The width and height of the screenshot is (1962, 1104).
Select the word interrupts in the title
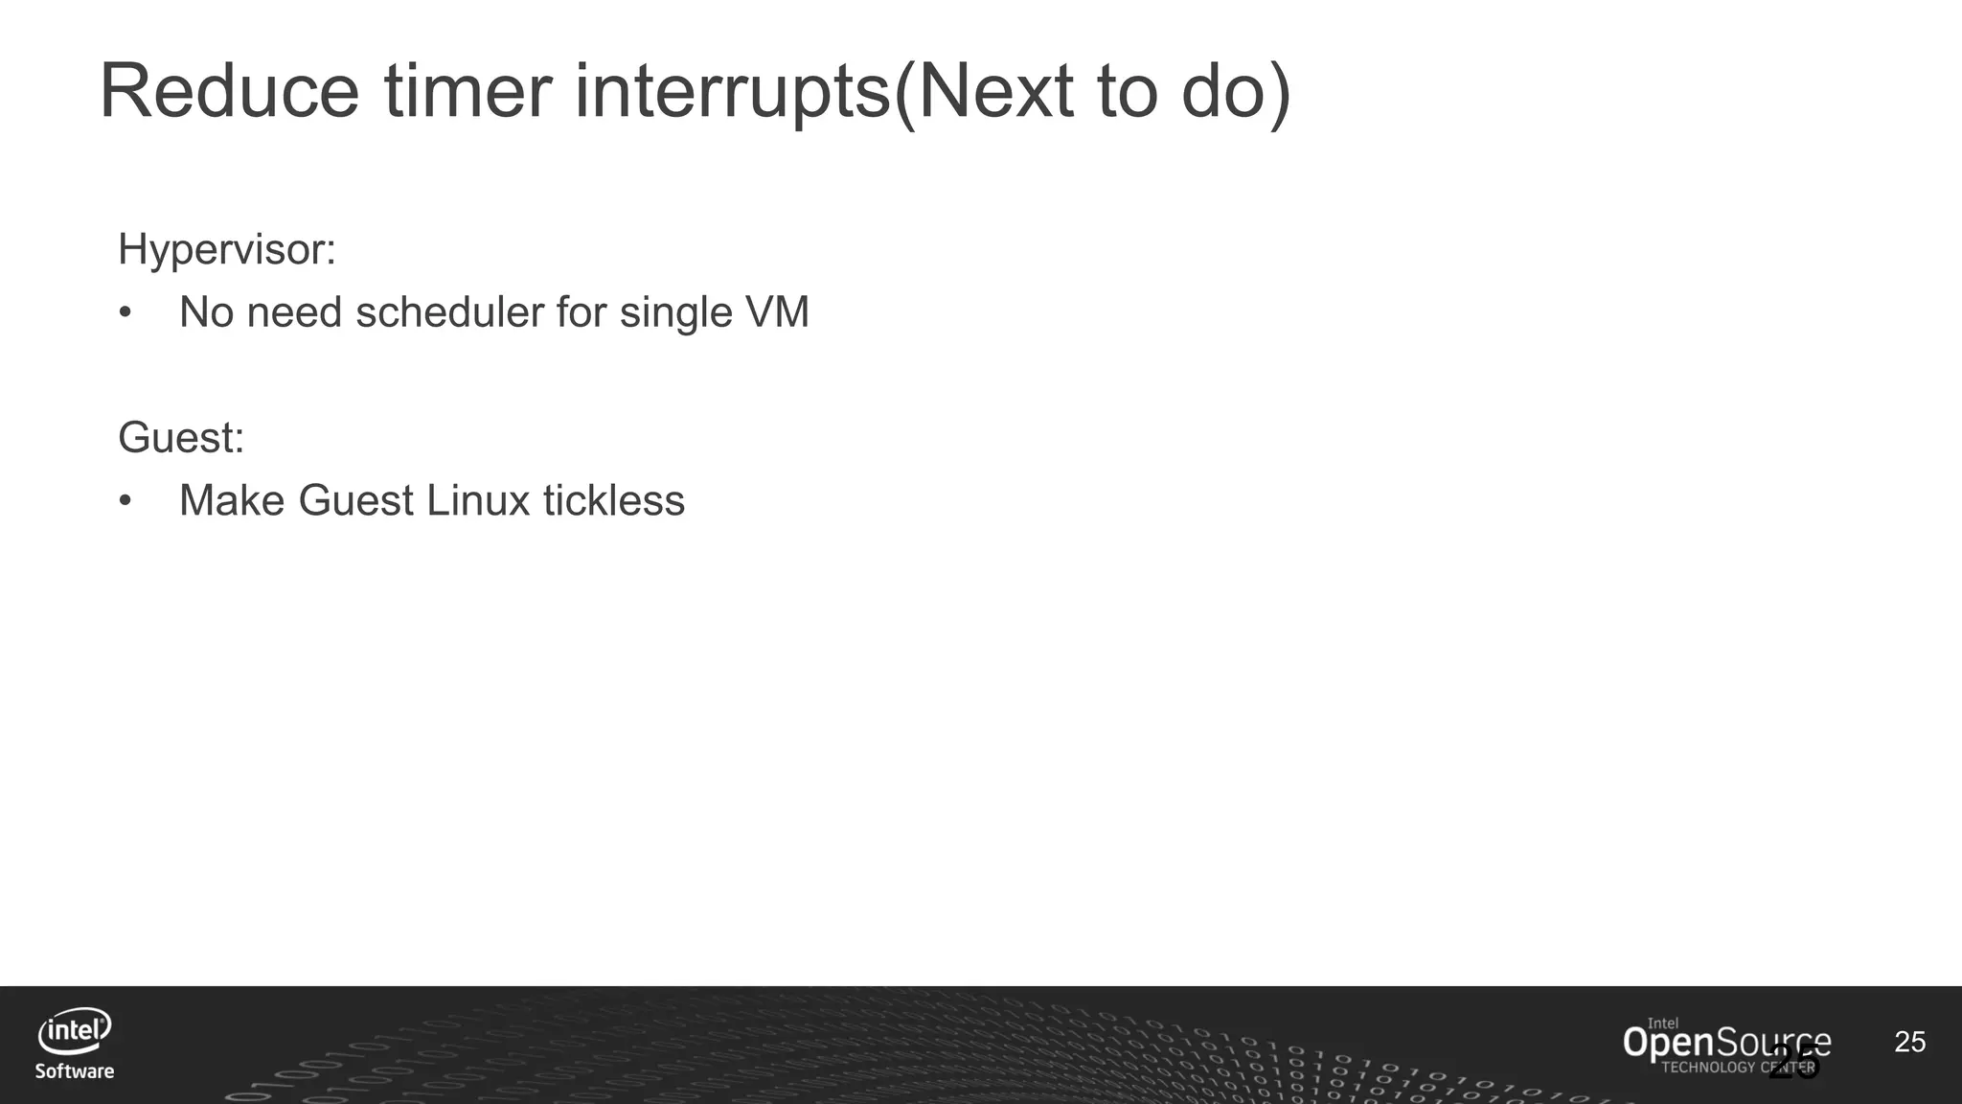coord(733,93)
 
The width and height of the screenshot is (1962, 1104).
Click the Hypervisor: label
coord(227,250)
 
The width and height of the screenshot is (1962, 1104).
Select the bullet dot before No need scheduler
coord(125,313)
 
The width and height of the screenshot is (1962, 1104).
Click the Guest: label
coord(181,438)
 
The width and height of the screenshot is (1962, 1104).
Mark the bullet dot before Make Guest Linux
coord(125,501)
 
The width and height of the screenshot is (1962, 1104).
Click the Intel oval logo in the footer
coord(75,1032)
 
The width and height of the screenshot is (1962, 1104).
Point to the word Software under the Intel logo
coord(75,1071)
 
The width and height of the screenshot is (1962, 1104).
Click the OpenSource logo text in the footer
coord(1725,1043)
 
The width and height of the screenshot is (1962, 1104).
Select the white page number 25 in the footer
coord(1909,1042)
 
